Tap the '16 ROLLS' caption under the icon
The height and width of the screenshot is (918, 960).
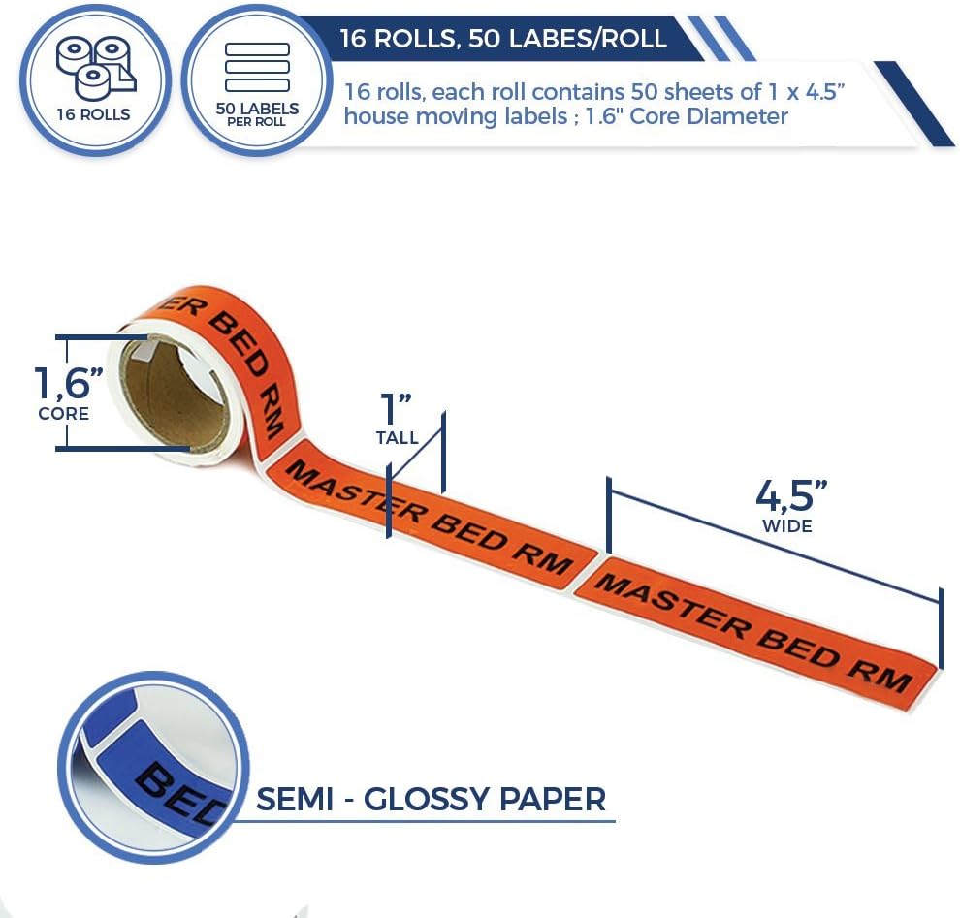tap(93, 114)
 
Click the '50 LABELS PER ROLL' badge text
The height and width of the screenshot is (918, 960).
tap(257, 112)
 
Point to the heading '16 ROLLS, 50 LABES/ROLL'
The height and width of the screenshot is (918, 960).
tap(503, 39)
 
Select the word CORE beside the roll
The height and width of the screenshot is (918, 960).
tap(64, 414)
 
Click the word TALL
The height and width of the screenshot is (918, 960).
tap(398, 438)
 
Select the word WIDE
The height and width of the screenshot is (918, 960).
tap(787, 526)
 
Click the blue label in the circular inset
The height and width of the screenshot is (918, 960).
tap(155, 766)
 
